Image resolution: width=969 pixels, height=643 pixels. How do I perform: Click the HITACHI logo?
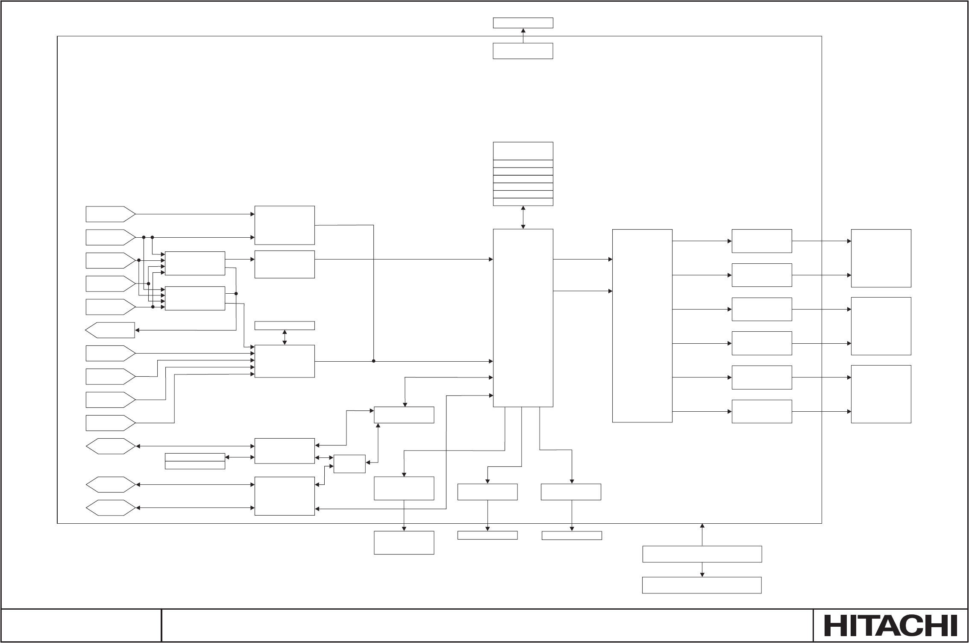click(x=890, y=626)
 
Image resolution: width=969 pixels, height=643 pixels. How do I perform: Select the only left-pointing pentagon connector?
click(x=110, y=330)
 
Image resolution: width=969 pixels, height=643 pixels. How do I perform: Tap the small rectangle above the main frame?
click(x=523, y=23)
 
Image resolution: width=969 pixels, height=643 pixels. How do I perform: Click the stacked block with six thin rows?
click(x=523, y=174)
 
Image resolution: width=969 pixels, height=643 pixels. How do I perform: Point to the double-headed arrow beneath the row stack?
click(x=523, y=217)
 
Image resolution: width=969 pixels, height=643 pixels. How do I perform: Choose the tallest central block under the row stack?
click(x=523, y=318)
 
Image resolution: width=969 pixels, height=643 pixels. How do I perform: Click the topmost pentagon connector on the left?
click(x=110, y=214)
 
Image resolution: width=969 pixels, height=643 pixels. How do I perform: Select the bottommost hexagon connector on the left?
click(x=110, y=508)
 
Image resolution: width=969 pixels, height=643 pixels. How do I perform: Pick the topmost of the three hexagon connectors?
click(x=110, y=446)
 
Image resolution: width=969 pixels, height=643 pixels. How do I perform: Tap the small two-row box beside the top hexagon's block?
click(x=195, y=461)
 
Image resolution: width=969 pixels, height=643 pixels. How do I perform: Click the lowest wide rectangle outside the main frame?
click(x=702, y=585)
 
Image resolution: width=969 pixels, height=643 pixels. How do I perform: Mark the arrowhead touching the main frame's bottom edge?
click(x=702, y=525)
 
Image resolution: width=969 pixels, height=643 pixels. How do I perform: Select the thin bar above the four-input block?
click(x=285, y=326)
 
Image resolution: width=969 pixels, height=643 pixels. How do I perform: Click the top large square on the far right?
click(x=881, y=258)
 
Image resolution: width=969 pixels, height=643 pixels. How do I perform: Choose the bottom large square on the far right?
click(x=881, y=394)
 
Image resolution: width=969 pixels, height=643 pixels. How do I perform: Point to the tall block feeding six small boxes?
click(x=642, y=326)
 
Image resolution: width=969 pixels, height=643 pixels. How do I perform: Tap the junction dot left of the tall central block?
click(x=373, y=361)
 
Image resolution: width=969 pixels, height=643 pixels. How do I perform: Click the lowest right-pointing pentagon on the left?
click(x=110, y=423)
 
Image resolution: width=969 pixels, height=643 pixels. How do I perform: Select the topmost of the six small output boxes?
click(x=761, y=241)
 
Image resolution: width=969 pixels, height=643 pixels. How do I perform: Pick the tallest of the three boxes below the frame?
click(x=404, y=543)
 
